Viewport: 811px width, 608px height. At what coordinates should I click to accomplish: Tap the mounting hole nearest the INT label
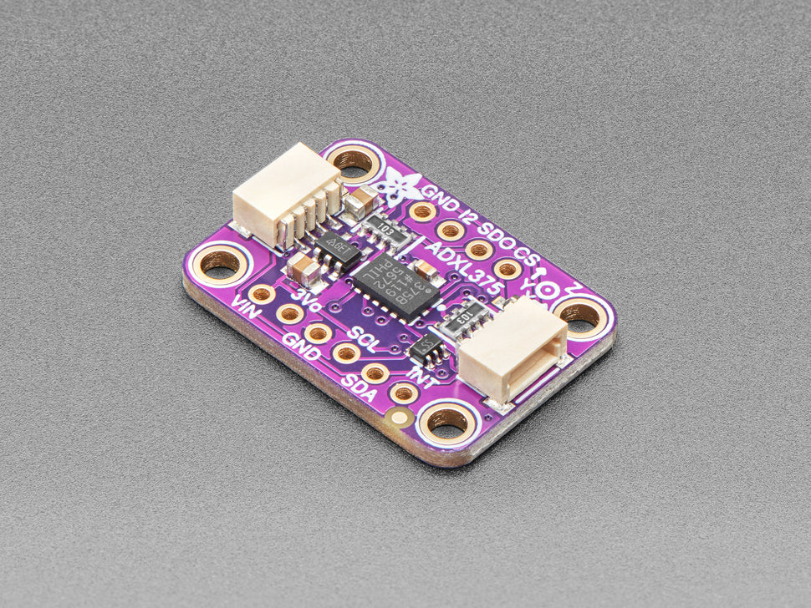[449, 423]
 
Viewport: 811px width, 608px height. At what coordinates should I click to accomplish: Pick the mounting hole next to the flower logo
[354, 161]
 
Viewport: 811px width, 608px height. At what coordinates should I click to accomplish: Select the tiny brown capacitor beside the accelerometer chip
[423, 268]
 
